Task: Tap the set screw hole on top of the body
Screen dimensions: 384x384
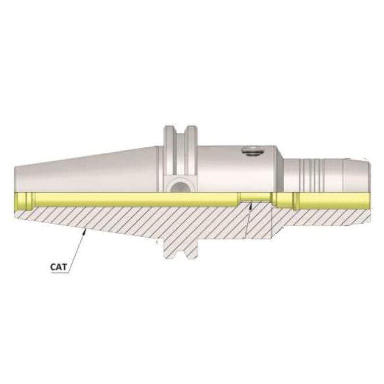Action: pyautogui.click(x=253, y=152)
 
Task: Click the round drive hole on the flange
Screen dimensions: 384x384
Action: pyautogui.click(x=180, y=185)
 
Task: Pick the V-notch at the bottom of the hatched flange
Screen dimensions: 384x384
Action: pyautogui.click(x=180, y=253)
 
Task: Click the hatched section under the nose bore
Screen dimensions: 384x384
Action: pyautogui.click(x=326, y=217)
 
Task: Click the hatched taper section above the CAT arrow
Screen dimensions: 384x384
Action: pyautogui.click(x=96, y=218)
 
